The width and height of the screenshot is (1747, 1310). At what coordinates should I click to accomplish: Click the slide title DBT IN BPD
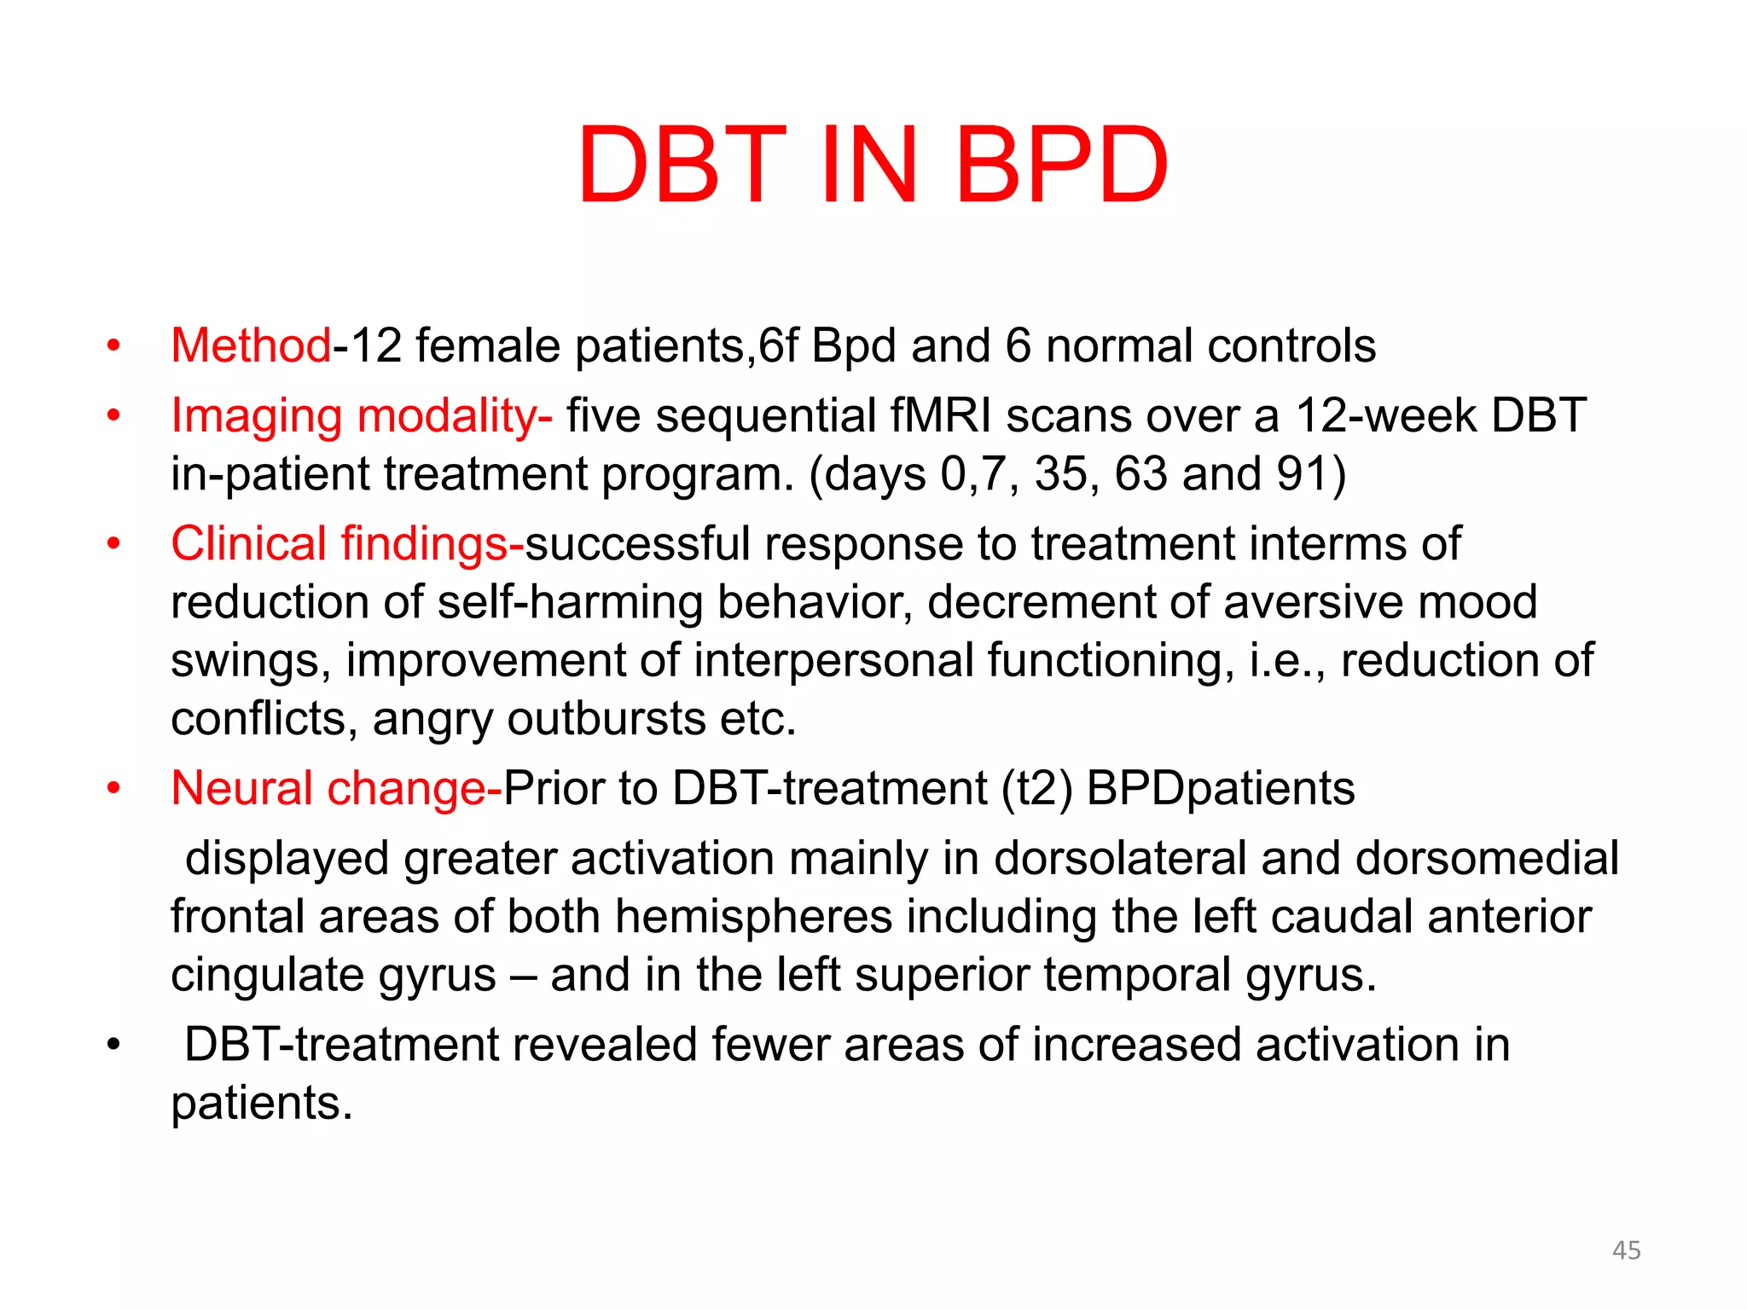(x=872, y=165)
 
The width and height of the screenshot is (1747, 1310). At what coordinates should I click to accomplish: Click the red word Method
(x=250, y=346)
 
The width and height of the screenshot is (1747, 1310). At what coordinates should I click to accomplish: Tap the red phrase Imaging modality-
(x=361, y=416)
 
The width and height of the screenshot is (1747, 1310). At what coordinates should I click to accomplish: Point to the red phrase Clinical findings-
(x=346, y=544)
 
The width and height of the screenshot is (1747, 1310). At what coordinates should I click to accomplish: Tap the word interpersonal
(x=833, y=661)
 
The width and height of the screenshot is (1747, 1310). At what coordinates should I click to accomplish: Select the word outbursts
(x=606, y=719)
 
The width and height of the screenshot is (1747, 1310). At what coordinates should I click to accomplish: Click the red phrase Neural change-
(x=336, y=789)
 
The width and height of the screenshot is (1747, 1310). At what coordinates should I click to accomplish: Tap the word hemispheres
(x=753, y=917)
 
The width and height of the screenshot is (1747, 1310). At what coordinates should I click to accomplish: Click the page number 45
(x=1626, y=1250)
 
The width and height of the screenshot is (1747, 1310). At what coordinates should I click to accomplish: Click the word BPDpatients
(x=1220, y=789)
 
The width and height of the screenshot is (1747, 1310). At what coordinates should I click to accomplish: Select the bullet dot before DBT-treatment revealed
(x=113, y=1046)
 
